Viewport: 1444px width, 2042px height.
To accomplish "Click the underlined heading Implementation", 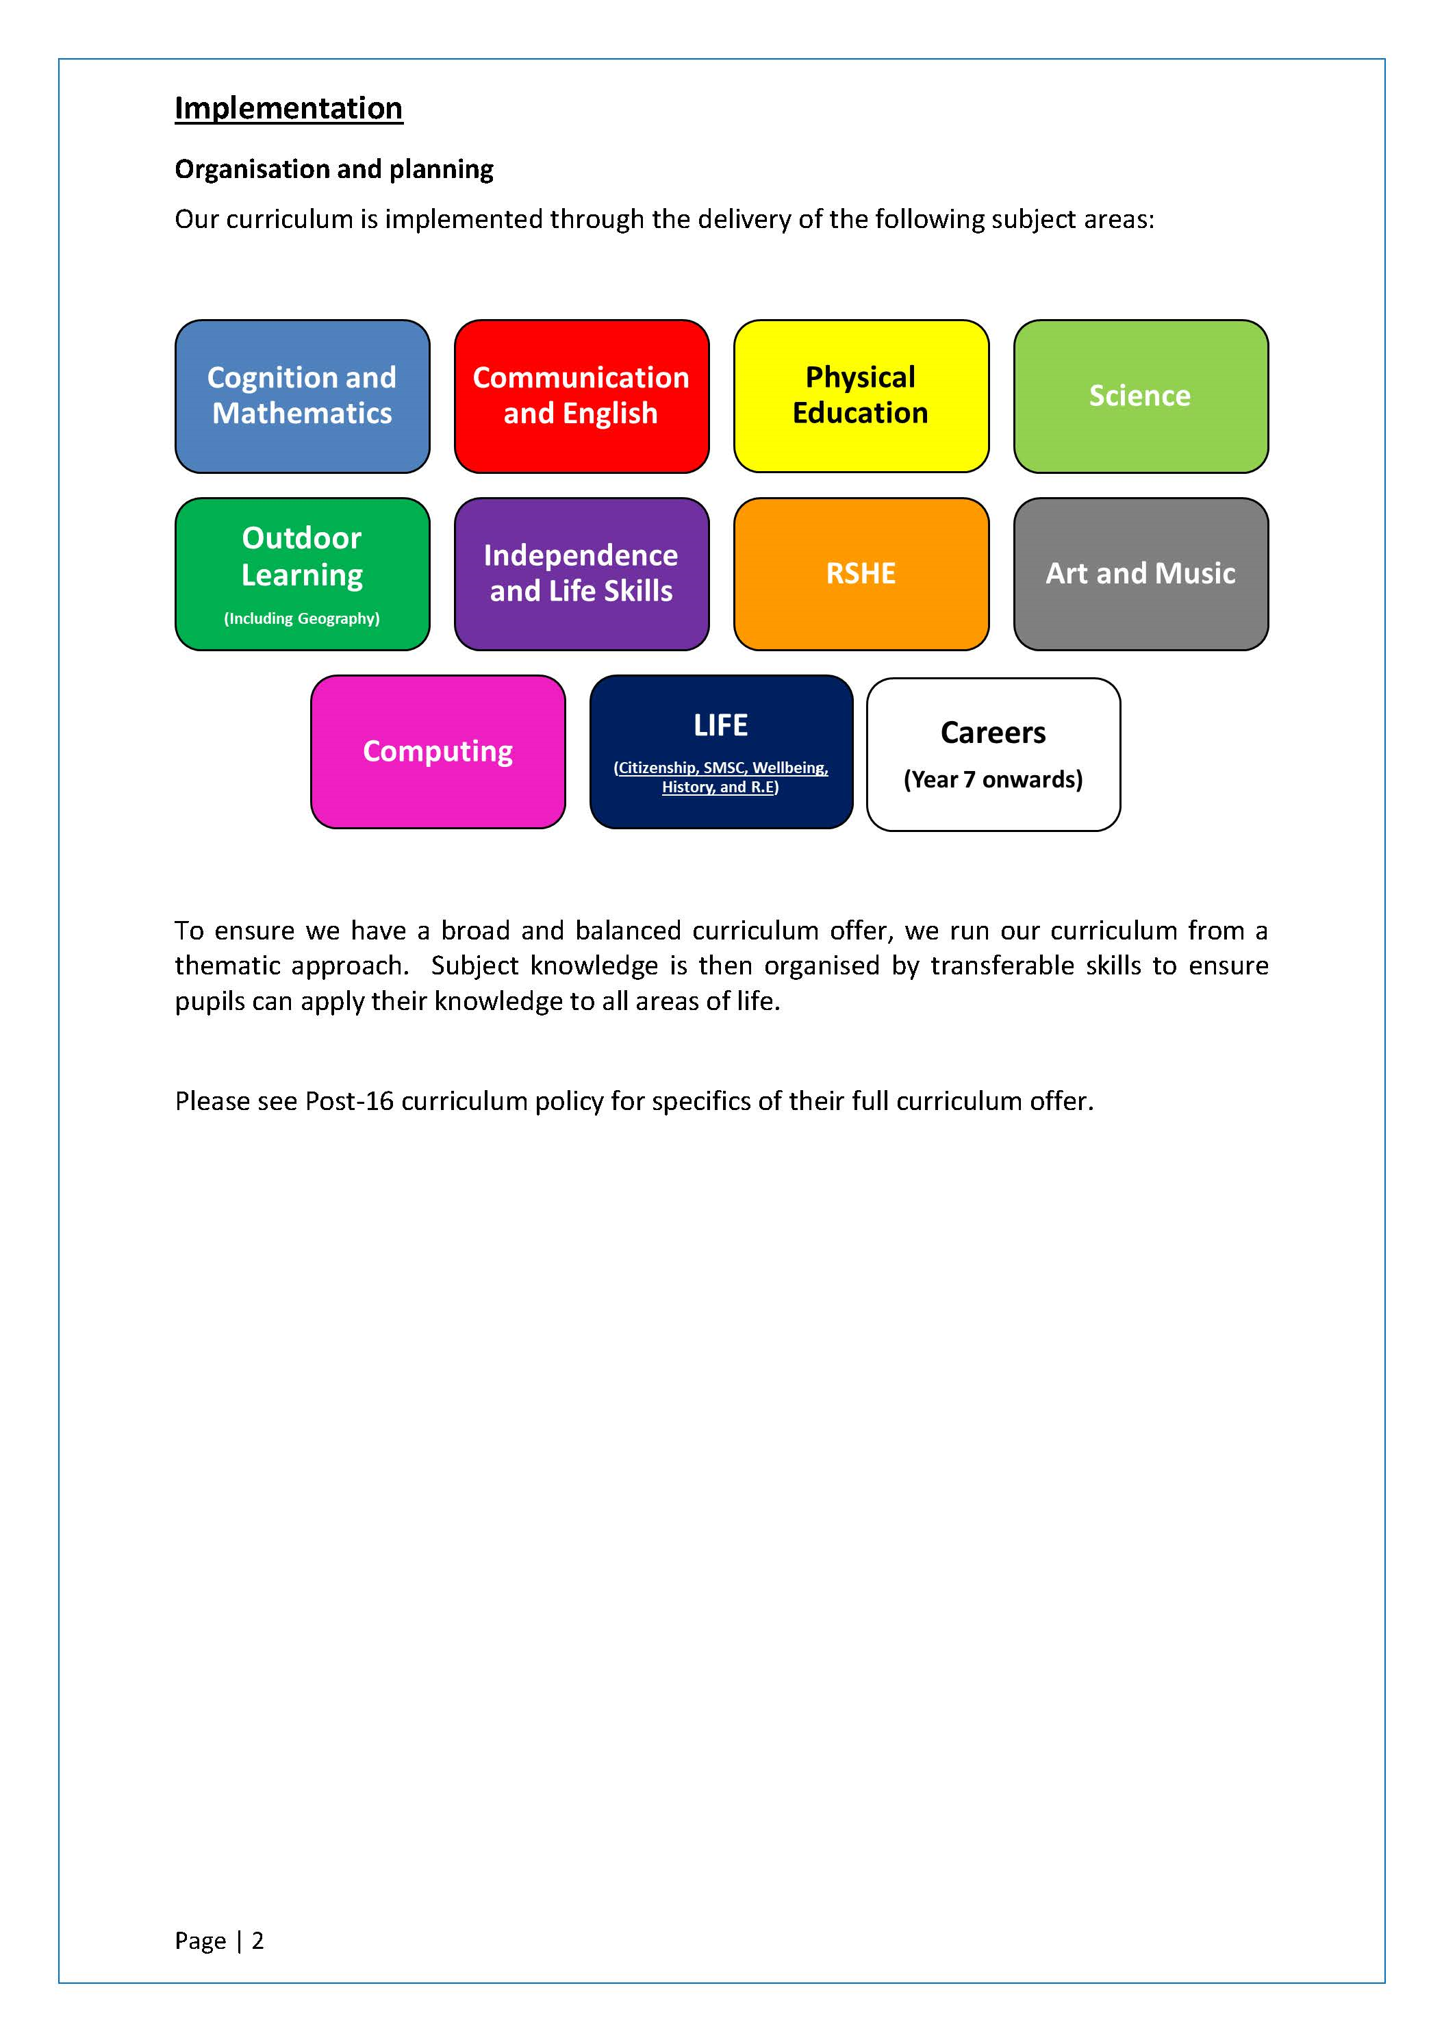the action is point(288,108).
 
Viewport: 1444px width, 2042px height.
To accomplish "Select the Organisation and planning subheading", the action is point(333,169).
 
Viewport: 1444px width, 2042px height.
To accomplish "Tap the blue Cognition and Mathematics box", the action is point(303,396).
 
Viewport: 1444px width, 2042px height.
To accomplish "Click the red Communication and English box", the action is point(581,396).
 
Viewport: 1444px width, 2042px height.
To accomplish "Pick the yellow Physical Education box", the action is point(861,396).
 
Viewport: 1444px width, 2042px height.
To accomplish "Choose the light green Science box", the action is point(1141,396).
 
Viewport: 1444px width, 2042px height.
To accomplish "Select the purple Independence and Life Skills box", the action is point(581,574).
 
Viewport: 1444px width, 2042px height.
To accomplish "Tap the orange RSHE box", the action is point(861,574).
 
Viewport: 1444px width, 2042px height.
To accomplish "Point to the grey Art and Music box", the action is point(1141,574).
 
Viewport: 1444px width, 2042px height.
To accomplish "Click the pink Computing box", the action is point(438,751).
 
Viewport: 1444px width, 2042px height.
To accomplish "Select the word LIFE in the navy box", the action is point(720,726).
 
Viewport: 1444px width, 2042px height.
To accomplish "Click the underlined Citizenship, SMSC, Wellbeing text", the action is point(721,768).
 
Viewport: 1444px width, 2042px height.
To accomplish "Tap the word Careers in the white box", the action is point(993,733).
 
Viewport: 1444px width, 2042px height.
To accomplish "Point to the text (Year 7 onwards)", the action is point(993,780).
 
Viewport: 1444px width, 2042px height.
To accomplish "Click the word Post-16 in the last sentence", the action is point(349,1101).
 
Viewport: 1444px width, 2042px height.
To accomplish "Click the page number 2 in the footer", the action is point(258,1941).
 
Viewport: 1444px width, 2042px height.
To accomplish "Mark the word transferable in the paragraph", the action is point(1002,966).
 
